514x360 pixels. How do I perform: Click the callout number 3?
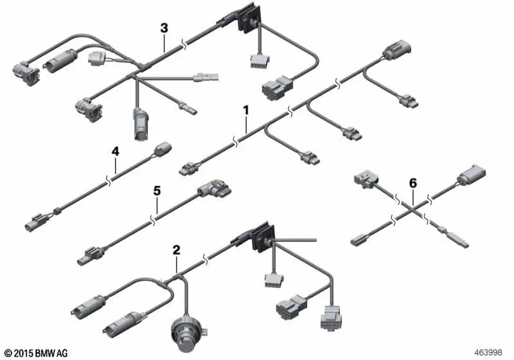[x=164, y=28]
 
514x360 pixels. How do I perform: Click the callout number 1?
[x=246, y=111]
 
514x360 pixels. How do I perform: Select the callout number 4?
[x=116, y=151]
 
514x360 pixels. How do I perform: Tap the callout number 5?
[x=157, y=190]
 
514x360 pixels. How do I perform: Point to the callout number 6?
[x=413, y=183]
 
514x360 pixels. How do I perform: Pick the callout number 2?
[x=176, y=250]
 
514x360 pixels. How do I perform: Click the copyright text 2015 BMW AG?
[x=37, y=353]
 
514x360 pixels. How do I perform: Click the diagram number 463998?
[x=488, y=352]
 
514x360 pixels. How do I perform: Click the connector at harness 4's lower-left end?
[x=37, y=222]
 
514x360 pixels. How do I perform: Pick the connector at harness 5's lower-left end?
[x=90, y=256]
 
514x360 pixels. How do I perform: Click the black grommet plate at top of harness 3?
[x=249, y=19]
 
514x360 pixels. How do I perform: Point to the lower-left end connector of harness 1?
[x=190, y=168]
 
